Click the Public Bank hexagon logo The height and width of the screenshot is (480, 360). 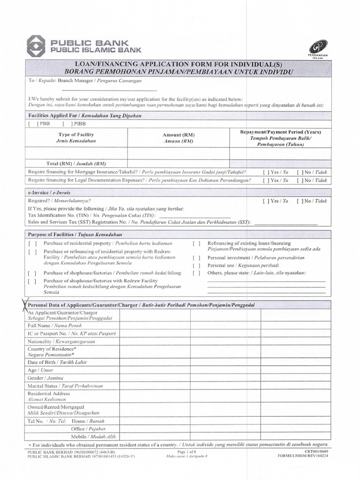click(x=37, y=45)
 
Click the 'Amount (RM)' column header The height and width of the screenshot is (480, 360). click(x=179, y=135)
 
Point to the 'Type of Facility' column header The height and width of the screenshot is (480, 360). click(x=76, y=135)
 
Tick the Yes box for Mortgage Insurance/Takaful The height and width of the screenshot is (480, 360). click(x=266, y=172)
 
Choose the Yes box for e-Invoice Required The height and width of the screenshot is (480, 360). click(x=266, y=201)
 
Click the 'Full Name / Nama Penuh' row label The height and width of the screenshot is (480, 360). click(x=55, y=325)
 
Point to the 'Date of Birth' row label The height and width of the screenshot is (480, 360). click(x=57, y=362)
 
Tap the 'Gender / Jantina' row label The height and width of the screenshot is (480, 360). click(x=45, y=378)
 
